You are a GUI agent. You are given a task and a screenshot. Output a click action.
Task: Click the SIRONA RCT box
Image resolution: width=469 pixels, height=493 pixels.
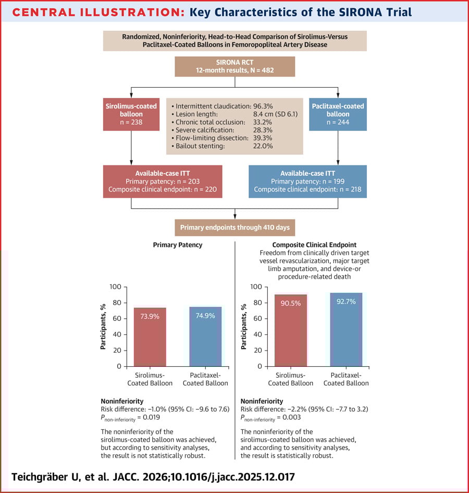click(234, 66)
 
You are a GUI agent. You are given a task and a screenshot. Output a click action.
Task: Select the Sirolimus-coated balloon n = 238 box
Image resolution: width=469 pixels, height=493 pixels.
click(130, 114)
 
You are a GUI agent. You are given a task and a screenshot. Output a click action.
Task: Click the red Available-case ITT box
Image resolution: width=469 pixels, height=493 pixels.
click(163, 181)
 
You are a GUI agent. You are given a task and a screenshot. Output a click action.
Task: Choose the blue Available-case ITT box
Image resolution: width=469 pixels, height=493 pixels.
click(307, 181)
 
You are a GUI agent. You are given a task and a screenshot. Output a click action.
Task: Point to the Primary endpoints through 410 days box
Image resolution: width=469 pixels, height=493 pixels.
click(234, 227)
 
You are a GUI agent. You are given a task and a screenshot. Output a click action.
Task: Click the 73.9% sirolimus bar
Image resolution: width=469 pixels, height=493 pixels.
click(150, 336)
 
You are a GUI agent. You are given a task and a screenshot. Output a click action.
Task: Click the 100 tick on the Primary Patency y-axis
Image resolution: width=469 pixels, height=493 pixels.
click(115, 287)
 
